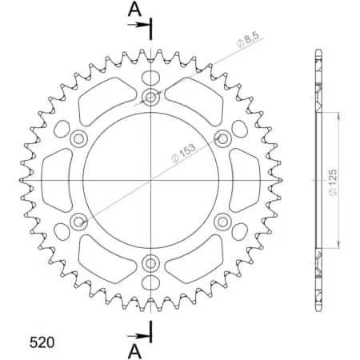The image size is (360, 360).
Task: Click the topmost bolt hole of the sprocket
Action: [150, 98]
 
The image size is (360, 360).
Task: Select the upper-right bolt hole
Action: [222, 139]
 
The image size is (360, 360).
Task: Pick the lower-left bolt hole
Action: [78, 222]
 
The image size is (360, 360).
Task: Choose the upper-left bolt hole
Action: [78, 139]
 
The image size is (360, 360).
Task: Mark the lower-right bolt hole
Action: [222, 222]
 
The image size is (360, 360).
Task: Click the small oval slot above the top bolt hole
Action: [150, 78]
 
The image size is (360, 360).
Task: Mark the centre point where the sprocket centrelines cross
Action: [150, 180]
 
